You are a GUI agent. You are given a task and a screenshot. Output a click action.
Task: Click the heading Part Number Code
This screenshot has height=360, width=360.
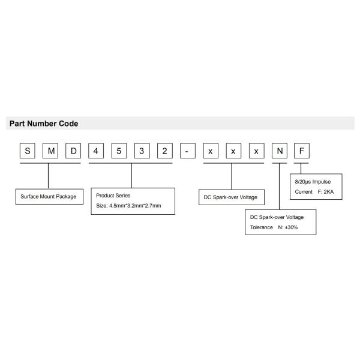pos(44,124)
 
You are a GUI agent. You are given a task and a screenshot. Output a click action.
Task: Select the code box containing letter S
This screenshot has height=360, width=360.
pos(27,151)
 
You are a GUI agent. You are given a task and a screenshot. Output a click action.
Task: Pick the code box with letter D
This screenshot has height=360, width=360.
pos(73,151)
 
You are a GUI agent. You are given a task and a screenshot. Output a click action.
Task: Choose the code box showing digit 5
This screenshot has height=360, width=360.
pos(119,151)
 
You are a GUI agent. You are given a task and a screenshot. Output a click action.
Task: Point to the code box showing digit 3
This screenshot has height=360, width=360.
pos(142,151)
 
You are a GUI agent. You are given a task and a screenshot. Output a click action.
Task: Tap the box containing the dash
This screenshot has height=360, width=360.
pos(187,151)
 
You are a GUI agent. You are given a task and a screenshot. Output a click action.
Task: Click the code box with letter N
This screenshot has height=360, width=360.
pos(278,151)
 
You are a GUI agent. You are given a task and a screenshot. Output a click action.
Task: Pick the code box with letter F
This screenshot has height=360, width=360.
pos(301,151)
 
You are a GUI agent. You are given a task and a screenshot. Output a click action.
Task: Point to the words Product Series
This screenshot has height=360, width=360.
pos(113,196)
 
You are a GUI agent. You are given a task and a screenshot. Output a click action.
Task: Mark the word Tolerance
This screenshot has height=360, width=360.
pos(262,227)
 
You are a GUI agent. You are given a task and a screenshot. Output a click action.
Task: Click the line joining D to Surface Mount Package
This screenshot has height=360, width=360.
pos(49,177)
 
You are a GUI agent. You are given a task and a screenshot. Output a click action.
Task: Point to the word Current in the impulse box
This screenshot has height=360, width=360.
pos(304,191)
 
